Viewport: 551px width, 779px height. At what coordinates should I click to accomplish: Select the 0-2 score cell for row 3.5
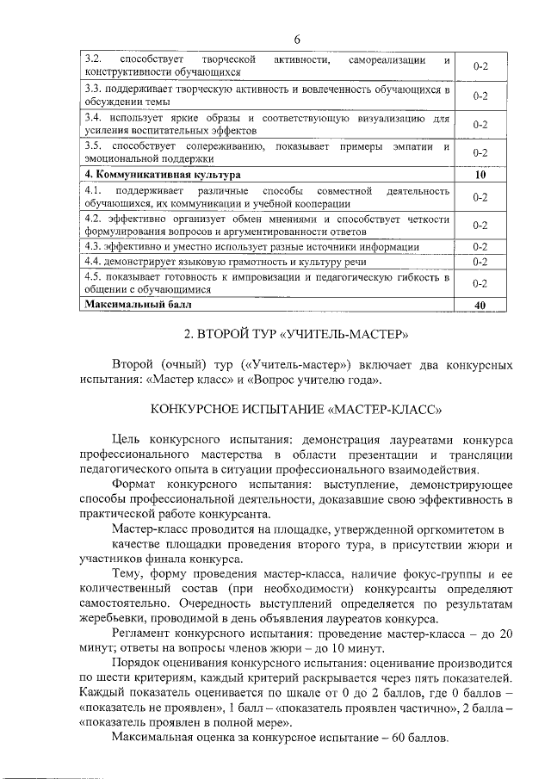(480, 153)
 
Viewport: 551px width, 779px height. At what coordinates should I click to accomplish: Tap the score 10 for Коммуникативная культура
(480, 175)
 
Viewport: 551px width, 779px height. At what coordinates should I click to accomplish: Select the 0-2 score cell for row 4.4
(480, 262)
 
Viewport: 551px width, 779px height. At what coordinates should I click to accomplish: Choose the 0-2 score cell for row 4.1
(480, 196)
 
